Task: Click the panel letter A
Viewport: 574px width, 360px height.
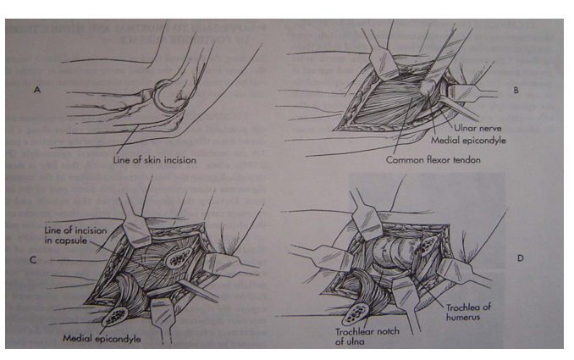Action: click(x=37, y=89)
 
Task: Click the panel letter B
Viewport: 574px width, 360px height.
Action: click(x=516, y=90)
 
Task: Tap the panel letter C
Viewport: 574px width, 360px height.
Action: click(x=33, y=260)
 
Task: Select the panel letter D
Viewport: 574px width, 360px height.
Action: click(x=520, y=258)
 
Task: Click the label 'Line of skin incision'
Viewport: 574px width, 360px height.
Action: click(x=154, y=160)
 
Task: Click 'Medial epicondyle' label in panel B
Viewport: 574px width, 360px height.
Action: click(x=468, y=141)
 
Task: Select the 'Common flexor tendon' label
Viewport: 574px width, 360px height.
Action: click(x=433, y=160)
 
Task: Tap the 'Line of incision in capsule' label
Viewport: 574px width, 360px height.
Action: click(x=76, y=235)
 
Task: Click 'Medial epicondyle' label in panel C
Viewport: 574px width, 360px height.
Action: click(x=102, y=338)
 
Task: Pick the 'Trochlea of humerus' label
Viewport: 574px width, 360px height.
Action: click(x=468, y=312)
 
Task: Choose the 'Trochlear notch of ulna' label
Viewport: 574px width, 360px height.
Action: click(x=367, y=336)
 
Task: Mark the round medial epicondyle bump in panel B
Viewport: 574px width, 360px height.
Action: click(x=428, y=87)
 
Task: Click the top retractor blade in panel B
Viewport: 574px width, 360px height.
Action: click(x=383, y=62)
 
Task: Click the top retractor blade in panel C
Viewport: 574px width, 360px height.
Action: click(x=136, y=230)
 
